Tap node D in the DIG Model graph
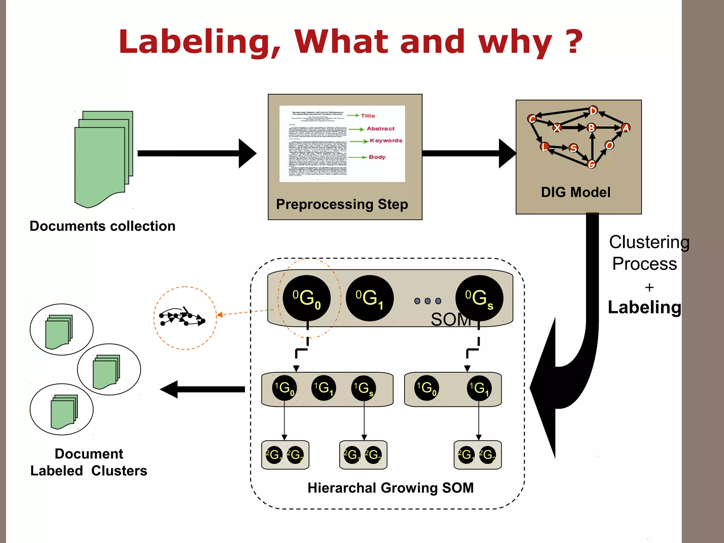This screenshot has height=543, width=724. [593, 111]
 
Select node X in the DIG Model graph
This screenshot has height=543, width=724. [557, 128]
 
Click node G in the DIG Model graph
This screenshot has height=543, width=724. [591, 164]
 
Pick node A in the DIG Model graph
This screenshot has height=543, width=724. [625, 128]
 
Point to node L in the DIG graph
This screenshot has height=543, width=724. [544, 146]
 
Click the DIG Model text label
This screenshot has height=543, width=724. [576, 192]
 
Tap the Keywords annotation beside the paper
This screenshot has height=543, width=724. [386, 141]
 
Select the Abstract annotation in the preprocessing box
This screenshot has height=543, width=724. [380, 129]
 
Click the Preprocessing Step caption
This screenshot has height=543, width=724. [342, 204]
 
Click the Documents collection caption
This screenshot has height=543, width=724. [103, 226]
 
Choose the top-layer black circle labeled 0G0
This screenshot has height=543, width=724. [306, 298]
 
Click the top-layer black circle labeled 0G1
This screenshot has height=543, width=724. [369, 298]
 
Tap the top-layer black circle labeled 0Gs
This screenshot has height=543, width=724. [479, 298]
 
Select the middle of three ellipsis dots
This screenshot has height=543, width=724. [428, 301]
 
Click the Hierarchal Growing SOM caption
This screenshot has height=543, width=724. [390, 488]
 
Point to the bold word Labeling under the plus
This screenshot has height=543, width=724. [644, 307]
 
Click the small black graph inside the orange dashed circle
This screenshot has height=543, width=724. [182, 317]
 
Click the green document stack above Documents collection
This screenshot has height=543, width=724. [103, 159]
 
